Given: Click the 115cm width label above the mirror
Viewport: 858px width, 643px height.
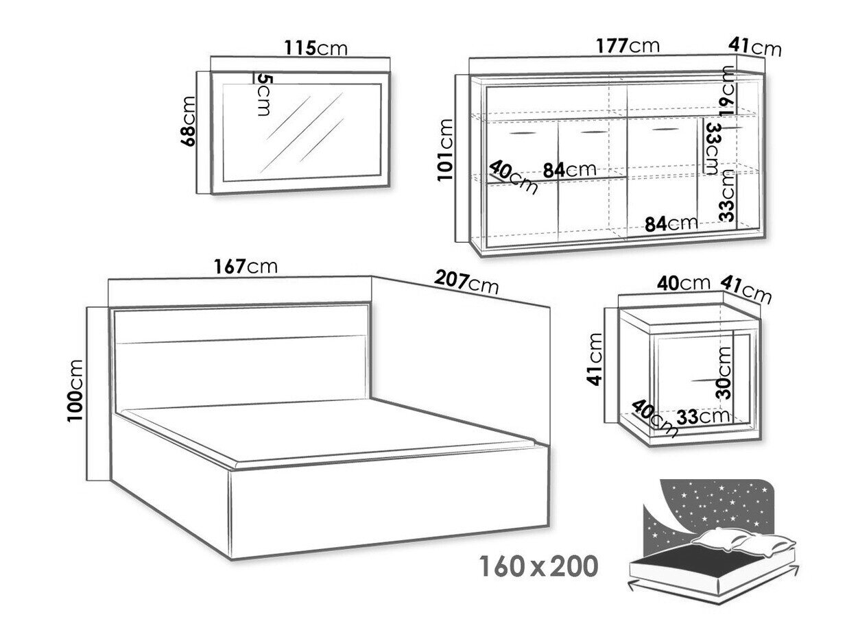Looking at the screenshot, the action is pos(315,48).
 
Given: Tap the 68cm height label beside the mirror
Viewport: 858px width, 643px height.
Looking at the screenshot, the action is pos(188,121).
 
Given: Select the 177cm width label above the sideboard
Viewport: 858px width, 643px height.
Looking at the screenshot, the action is pos(628,46).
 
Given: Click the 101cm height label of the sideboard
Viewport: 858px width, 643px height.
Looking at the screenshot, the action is pos(445,149).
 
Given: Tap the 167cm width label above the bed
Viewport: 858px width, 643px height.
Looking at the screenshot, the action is pos(246,267).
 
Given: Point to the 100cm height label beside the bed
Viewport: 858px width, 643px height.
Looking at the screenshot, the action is pos(75,390).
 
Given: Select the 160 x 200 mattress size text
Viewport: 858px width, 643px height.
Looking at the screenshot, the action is pos(539,566).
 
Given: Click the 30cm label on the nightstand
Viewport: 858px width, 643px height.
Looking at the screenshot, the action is pos(723,372).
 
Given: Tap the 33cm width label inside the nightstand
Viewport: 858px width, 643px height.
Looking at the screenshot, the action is pos(703,416).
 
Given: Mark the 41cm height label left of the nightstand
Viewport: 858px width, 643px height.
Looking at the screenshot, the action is pos(595,359).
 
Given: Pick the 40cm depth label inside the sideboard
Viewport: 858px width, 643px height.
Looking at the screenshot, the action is pos(513,177).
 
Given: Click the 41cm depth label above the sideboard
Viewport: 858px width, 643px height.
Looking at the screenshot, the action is pos(754,48).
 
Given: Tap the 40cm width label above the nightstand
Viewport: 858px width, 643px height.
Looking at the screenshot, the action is pos(683,283).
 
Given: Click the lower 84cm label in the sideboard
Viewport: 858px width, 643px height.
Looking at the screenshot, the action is pos(671,224).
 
